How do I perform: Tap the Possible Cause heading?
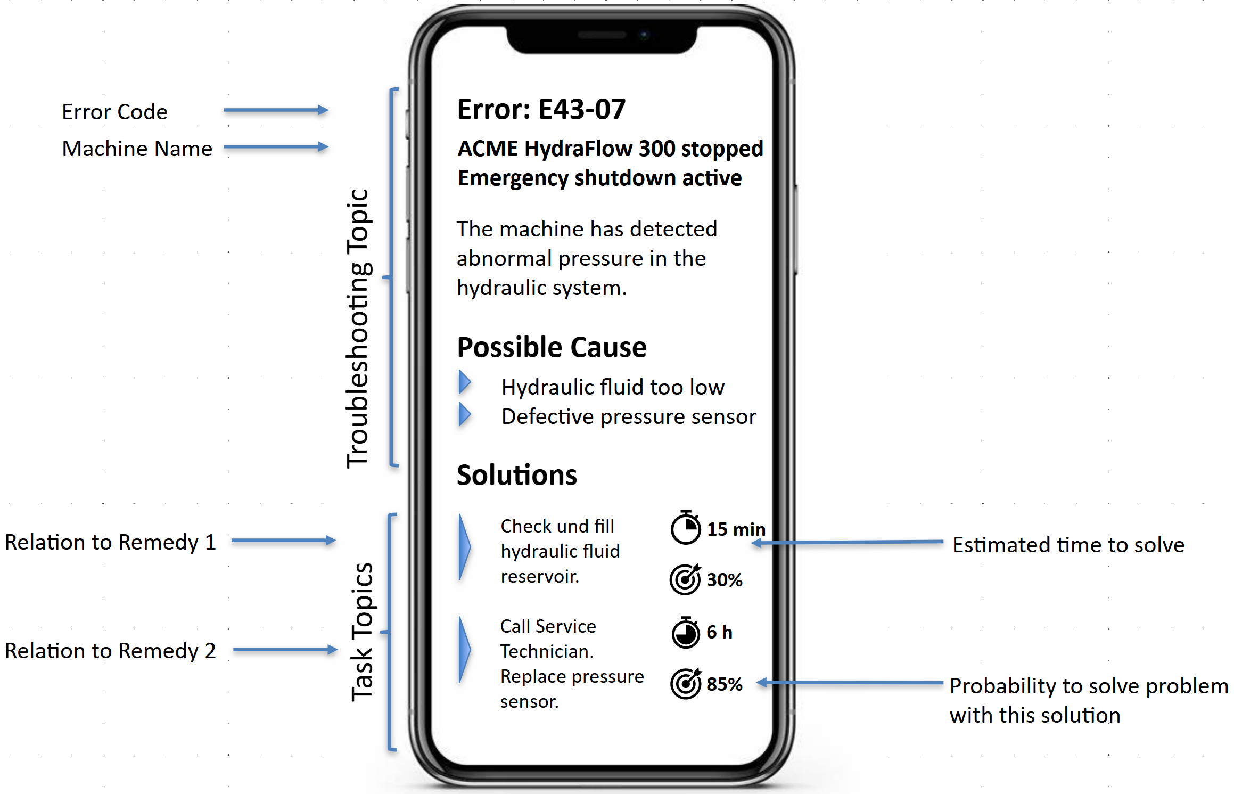point(552,348)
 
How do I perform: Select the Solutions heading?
point(516,475)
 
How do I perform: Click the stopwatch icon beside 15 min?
point(686,528)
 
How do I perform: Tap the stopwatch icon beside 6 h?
point(686,633)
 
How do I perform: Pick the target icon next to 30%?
point(685,579)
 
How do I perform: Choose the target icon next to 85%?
point(686,684)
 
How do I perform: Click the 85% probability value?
point(725,684)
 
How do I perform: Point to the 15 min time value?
point(736,529)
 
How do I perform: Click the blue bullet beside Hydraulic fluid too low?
point(465,382)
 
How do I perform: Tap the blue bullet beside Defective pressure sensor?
point(465,414)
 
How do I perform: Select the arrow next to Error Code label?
point(276,110)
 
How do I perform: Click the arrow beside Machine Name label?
point(276,147)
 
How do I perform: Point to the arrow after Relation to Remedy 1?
point(283,541)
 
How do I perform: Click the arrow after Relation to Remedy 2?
point(285,650)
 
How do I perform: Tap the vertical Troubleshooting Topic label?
point(357,329)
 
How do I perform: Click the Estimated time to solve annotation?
point(1068,545)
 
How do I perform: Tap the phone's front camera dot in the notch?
point(644,35)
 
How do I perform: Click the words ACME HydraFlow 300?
point(567,149)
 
